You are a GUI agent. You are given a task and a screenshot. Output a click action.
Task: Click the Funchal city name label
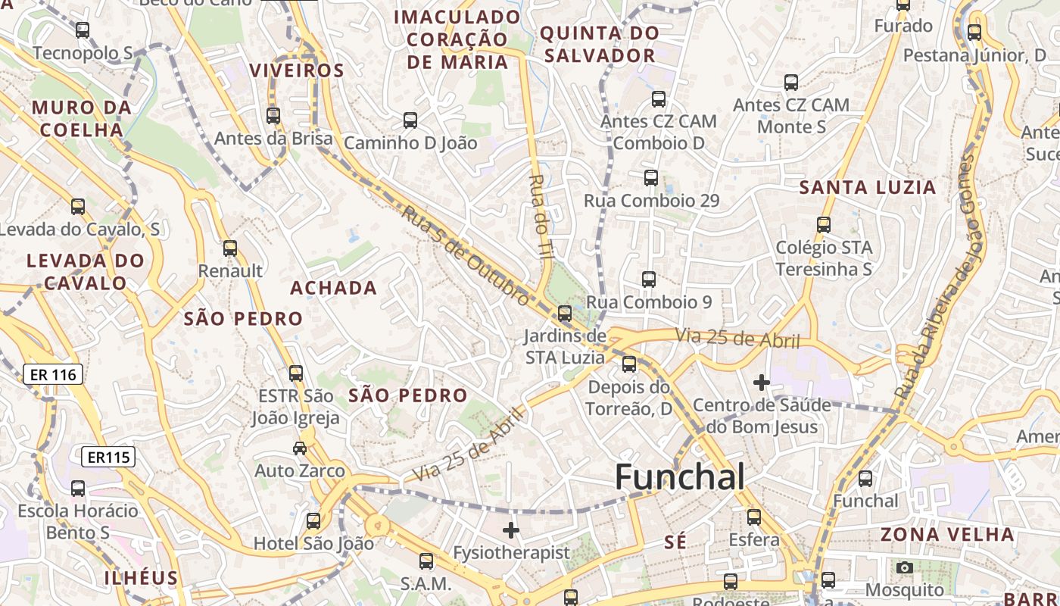(679, 477)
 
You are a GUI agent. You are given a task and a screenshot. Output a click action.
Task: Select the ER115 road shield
(108, 457)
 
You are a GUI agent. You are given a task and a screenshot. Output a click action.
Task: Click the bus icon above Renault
(230, 248)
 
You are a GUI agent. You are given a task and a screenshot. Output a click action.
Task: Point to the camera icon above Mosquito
(904, 567)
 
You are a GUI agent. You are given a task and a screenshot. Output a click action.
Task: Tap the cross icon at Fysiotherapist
(511, 530)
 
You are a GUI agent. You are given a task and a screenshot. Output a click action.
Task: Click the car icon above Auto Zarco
(300, 448)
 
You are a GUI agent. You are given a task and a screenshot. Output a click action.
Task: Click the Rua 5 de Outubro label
(465, 256)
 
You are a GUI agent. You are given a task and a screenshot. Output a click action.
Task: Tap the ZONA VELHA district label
(946, 534)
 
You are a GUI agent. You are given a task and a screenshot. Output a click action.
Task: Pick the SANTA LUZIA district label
(868, 187)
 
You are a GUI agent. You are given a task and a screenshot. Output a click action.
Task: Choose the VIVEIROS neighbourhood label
(297, 70)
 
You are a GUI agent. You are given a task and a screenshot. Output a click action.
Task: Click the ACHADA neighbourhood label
(333, 288)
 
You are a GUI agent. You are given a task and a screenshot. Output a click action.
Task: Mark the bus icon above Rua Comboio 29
(650, 178)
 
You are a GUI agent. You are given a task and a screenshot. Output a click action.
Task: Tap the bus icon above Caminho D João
(410, 120)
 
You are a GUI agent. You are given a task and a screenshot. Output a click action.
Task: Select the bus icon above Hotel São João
(313, 521)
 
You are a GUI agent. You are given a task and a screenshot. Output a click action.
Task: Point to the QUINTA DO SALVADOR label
(598, 44)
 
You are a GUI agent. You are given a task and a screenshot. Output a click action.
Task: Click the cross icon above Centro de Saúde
(762, 383)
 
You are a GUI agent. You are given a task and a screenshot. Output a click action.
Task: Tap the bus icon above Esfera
(753, 517)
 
